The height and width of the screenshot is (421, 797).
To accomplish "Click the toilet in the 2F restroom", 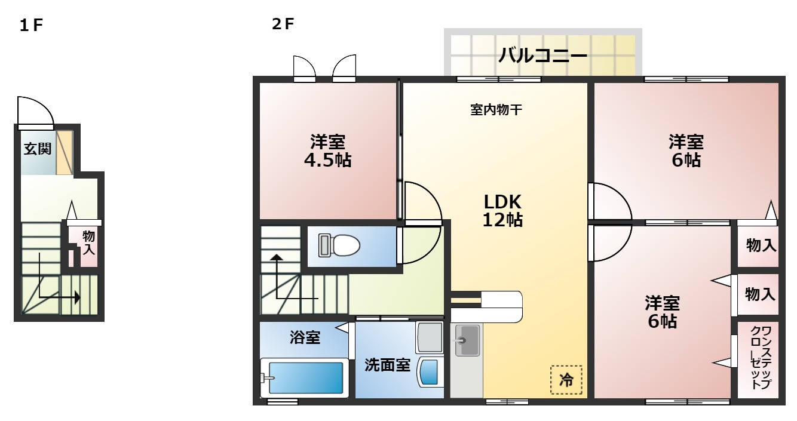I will pyautogui.click(x=339, y=245).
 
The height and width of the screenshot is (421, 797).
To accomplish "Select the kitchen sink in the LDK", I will pyautogui.click(x=467, y=340).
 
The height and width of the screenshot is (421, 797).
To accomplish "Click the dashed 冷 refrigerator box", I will pyautogui.click(x=566, y=379).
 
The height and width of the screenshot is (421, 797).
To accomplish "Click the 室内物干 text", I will pyautogui.click(x=497, y=110).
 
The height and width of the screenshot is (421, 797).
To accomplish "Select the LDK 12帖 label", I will pyautogui.click(x=502, y=210).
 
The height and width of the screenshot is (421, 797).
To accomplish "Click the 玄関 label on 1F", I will pyautogui.click(x=37, y=149).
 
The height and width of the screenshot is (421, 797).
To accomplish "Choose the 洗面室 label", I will pyautogui.click(x=387, y=365).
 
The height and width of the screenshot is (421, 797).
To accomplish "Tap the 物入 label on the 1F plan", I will pyautogui.click(x=88, y=243).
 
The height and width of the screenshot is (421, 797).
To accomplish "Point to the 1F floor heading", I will pyautogui.click(x=32, y=26).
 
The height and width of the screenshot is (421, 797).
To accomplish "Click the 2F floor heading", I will pyautogui.click(x=283, y=24).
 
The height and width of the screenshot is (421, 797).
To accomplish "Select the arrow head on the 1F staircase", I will pyautogui.click(x=77, y=297).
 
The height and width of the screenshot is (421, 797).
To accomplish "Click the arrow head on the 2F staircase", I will pyautogui.click(x=276, y=258).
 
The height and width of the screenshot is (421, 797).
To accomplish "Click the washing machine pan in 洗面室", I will pyautogui.click(x=430, y=337).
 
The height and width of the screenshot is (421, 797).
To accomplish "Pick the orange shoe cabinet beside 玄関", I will pyautogui.click(x=65, y=152).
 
